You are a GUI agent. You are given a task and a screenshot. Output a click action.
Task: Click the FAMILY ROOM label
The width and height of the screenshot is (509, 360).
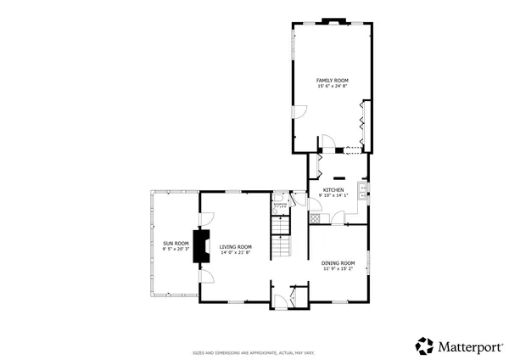click(333, 80)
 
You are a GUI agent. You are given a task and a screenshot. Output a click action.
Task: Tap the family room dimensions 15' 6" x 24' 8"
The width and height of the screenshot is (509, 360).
click(333, 86)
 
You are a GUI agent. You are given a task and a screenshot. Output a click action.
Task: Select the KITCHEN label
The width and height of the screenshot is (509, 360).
click(333, 189)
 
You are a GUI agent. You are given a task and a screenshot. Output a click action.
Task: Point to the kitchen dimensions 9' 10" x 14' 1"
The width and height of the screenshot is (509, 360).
click(333, 195)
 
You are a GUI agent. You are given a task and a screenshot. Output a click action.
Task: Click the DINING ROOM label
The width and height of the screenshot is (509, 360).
click(337, 263)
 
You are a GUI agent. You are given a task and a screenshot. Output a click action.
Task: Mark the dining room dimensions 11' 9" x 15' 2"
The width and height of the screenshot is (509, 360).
click(337, 269)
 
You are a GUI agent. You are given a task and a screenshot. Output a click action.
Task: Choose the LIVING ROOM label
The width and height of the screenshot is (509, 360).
click(236, 246)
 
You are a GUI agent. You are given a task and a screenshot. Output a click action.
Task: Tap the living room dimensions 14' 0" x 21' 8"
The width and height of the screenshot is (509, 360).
click(236, 252)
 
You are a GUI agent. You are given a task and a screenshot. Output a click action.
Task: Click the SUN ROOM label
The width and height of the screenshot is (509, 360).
click(175, 244)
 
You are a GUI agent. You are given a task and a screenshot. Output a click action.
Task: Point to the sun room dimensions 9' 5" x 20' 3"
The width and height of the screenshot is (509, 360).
click(175, 250)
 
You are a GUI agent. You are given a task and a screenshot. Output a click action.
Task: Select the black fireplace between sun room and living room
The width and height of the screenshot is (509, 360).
click(202, 245)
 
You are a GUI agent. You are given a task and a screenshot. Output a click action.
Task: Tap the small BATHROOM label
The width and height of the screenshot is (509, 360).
click(280, 204)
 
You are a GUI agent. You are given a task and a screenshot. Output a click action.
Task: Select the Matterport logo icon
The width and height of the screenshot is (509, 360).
click(424, 346)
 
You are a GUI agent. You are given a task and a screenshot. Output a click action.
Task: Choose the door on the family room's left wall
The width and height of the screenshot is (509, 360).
click(297, 111)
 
